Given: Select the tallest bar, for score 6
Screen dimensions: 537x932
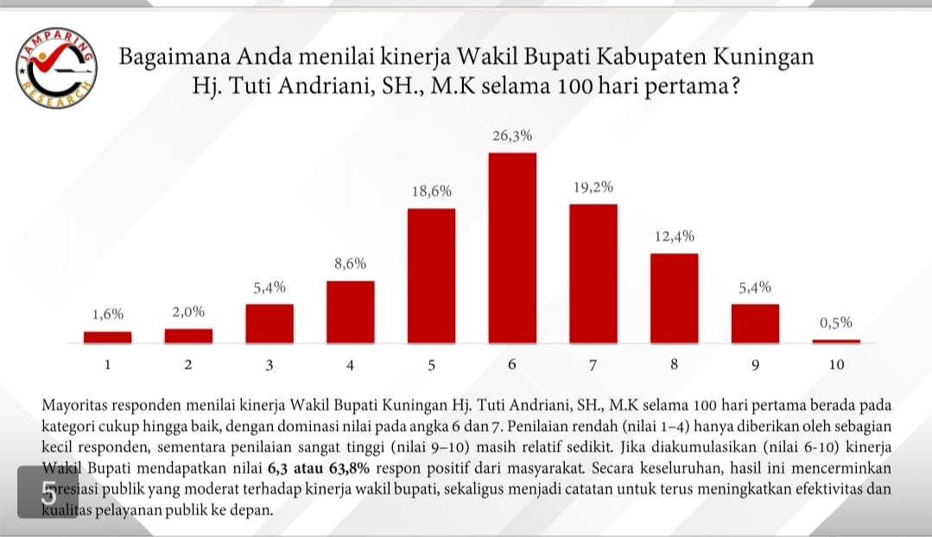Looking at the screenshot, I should click(512, 247).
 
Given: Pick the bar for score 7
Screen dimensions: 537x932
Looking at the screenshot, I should click(593, 272).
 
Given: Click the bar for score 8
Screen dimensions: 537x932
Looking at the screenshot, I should click(674, 297).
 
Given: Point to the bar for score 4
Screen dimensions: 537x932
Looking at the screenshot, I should click(351, 311).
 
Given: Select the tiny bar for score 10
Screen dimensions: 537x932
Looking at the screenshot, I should click(836, 341).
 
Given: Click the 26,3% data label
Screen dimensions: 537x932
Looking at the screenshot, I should click(512, 136).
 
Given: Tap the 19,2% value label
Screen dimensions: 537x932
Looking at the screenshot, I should click(593, 187).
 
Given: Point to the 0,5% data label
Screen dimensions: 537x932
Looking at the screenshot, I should click(836, 323).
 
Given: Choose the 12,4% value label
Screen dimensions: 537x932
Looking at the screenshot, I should click(674, 237).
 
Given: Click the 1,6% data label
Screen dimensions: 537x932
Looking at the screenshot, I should click(107, 315).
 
